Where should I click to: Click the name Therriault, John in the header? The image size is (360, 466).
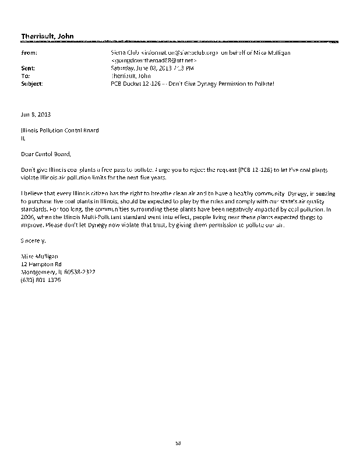[44, 37]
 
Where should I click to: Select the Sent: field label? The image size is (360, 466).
[27, 68]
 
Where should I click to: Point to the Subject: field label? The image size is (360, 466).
[31, 84]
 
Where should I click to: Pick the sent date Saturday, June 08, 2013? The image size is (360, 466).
[141, 68]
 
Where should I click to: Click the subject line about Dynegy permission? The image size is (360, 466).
[192, 84]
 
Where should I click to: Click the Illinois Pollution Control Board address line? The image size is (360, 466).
[59, 130]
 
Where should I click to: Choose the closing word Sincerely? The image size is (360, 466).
[34, 240]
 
